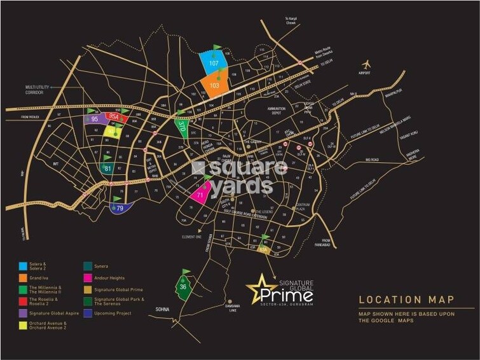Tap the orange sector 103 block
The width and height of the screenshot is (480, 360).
click(215, 85)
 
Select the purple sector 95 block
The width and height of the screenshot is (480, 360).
click(94, 118)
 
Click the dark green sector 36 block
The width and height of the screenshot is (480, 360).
click(183, 287)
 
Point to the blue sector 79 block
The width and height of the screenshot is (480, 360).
click(120, 207)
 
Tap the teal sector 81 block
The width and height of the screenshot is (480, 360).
click(108, 169)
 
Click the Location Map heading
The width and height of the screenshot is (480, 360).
click(406, 300)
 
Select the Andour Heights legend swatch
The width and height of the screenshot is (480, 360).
click(87, 278)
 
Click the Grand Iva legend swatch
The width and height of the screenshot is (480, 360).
click(23, 278)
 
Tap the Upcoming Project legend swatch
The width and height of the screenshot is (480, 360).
click(87, 314)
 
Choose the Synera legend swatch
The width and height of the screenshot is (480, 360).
click(87, 266)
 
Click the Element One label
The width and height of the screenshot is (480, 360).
click(191, 237)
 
